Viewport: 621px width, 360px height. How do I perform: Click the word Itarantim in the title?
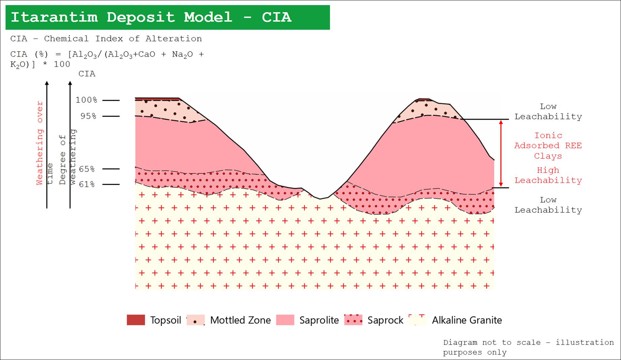(54, 17)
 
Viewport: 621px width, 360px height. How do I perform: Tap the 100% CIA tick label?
(86, 100)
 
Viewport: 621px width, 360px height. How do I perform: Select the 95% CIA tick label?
(88, 116)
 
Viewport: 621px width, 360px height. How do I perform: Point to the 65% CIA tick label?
(87, 169)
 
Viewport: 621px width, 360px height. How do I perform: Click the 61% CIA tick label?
(87, 184)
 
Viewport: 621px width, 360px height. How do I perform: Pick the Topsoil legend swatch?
(136, 320)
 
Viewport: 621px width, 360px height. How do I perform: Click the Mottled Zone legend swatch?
(196, 320)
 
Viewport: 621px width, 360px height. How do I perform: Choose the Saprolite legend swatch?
(285, 320)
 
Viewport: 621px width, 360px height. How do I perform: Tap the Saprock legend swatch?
(353, 320)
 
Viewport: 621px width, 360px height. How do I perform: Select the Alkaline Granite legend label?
(467, 320)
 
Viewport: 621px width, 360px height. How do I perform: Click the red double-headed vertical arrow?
(501, 153)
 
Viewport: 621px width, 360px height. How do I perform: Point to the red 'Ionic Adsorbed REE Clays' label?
(548, 146)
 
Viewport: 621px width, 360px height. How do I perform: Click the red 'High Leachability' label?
(548, 175)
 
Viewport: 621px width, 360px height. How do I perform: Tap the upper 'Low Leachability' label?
(548, 112)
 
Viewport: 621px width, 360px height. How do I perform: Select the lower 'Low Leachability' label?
(548, 205)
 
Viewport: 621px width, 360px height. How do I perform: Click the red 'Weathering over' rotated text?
(40, 143)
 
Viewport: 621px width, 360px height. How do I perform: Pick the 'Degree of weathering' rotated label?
(67, 157)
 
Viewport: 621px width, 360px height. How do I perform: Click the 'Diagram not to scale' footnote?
(528, 348)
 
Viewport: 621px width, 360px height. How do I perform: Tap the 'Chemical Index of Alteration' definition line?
(106, 39)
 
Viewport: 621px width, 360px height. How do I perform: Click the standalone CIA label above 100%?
(87, 74)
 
